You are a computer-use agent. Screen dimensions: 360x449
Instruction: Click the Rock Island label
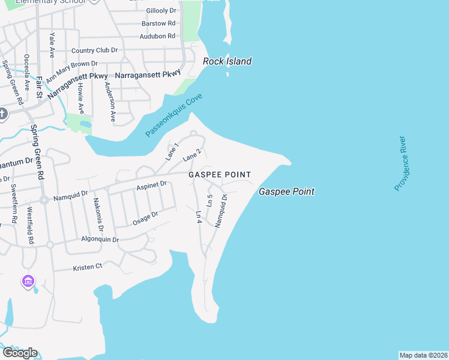227,61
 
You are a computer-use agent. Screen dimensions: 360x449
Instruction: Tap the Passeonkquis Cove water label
174,115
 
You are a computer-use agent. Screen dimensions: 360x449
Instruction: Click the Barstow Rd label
158,23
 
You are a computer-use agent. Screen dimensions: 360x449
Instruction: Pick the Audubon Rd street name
157,36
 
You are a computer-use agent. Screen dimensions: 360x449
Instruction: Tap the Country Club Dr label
94,51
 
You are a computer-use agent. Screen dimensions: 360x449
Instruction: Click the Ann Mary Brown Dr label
71,70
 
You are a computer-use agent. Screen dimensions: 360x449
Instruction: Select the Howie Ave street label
80,95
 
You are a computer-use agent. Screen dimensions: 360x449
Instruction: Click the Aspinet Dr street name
151,186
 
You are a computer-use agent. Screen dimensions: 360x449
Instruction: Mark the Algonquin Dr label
100,239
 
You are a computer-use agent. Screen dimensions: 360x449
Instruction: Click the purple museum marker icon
28,281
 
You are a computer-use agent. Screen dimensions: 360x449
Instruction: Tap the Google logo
20,353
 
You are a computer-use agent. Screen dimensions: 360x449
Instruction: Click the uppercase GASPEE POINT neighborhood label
219,175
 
